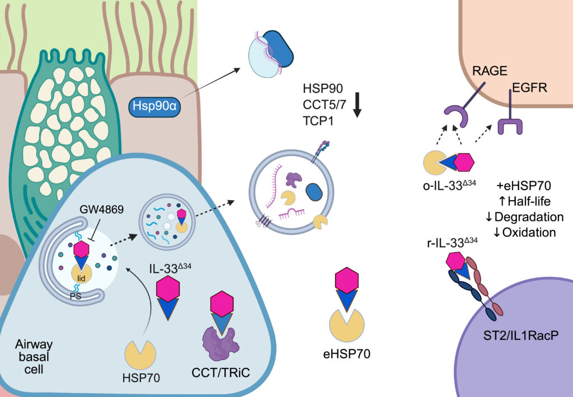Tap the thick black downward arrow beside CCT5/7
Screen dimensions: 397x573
[x=358, y=106]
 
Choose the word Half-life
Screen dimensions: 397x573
[x=534, y=202]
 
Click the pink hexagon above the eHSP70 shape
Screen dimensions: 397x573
[x=346, y=280]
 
